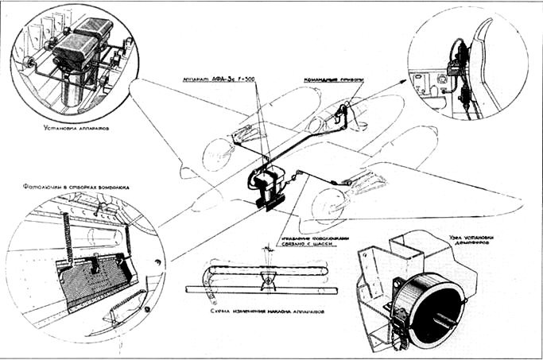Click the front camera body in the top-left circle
tap(70, 56)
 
